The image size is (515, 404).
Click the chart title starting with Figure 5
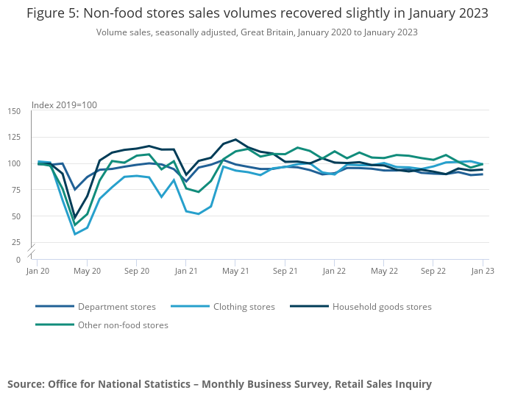pyautogui.click(x=257, y=14)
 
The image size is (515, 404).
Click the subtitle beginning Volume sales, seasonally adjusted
pyautogui.click(x=257, y=32)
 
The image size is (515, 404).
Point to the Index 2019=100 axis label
pyautogui.click(x=64, y=104)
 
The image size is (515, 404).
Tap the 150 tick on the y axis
pyautogui.click(x=15, y=111)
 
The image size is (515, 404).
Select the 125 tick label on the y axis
pyautogui.click(x=15, y=137)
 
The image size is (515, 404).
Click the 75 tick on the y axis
pyautogui.click(x=16, y=190)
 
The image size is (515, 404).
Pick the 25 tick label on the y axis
pyautogui.click(x=16, y=242)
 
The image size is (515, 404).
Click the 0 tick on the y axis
pyautogui.click(x=18, y=260)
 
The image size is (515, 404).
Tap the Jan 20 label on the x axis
pyautogui.click(x=38, y=271)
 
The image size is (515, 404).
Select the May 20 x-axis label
pyautogui.click(x=88, y=271)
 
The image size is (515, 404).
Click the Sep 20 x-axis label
pyautogui.click(x=137, y=271)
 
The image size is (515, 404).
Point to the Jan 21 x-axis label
pyautogui.click(x=186, y=271)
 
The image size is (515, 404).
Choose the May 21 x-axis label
pyautogui.click(x=235, y=271)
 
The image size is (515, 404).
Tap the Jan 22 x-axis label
pyautogui.click(x=334, y=271)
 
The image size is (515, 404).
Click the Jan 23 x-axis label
pyautogui.click(x=483, y=271)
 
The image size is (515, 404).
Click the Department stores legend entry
pyautogui.click(x=116, y=307)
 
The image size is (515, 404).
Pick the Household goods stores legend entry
pyautogui.click(x=382, y=307)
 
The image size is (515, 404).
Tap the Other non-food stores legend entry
pyautogui.click(x=123, y=325)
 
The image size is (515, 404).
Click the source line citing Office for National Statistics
pyautogui.click(x=219, y=384)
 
